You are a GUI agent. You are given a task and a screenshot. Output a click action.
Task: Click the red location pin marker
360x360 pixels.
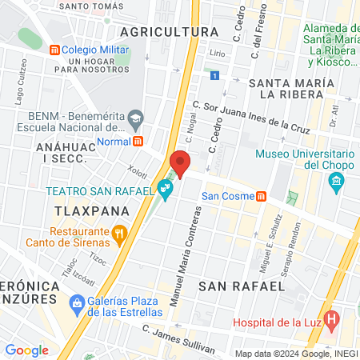[181, 163]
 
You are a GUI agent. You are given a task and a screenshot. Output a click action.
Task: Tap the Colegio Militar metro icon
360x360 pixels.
[54, 49]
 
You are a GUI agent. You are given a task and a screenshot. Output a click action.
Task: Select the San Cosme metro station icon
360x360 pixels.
[261, 197]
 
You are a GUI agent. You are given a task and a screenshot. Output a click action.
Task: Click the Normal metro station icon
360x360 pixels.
[138, 141]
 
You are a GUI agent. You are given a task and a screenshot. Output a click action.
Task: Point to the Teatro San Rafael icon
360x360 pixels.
[165, 190]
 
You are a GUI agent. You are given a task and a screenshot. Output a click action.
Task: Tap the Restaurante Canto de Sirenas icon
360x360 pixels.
[119, 234]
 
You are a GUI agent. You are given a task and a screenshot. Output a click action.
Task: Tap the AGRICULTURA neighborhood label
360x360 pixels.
[168, 31]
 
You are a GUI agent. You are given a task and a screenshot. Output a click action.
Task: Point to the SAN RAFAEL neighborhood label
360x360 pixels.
[242, 285]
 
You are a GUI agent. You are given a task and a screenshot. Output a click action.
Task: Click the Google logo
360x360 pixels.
[26, 350]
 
